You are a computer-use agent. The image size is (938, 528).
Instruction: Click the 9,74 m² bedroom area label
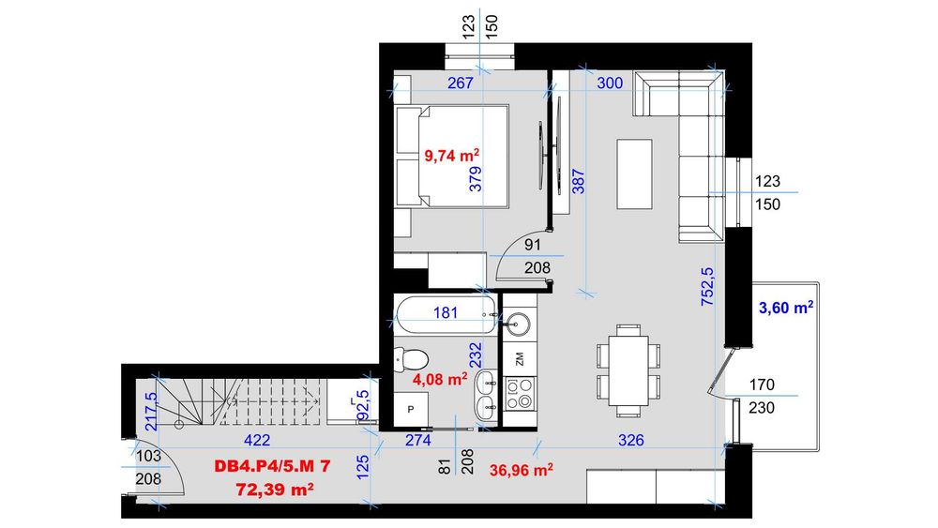(x=453, y=155)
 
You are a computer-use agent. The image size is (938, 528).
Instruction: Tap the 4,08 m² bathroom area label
(x=441, y=380)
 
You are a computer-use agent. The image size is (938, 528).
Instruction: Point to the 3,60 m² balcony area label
(x=784, y=308)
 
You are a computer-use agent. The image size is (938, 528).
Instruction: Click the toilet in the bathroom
(x=412, y=357)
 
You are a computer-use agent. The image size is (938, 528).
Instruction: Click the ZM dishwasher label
(x=519, y=357)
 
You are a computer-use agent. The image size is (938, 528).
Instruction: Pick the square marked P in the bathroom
(x=412, y=409)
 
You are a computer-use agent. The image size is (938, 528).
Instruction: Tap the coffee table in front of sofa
(x=634, y=174)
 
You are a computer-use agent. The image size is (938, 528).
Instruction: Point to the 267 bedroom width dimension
(x=460, y=83)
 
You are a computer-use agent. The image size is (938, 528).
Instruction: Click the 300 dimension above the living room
(x=610, y=83)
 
